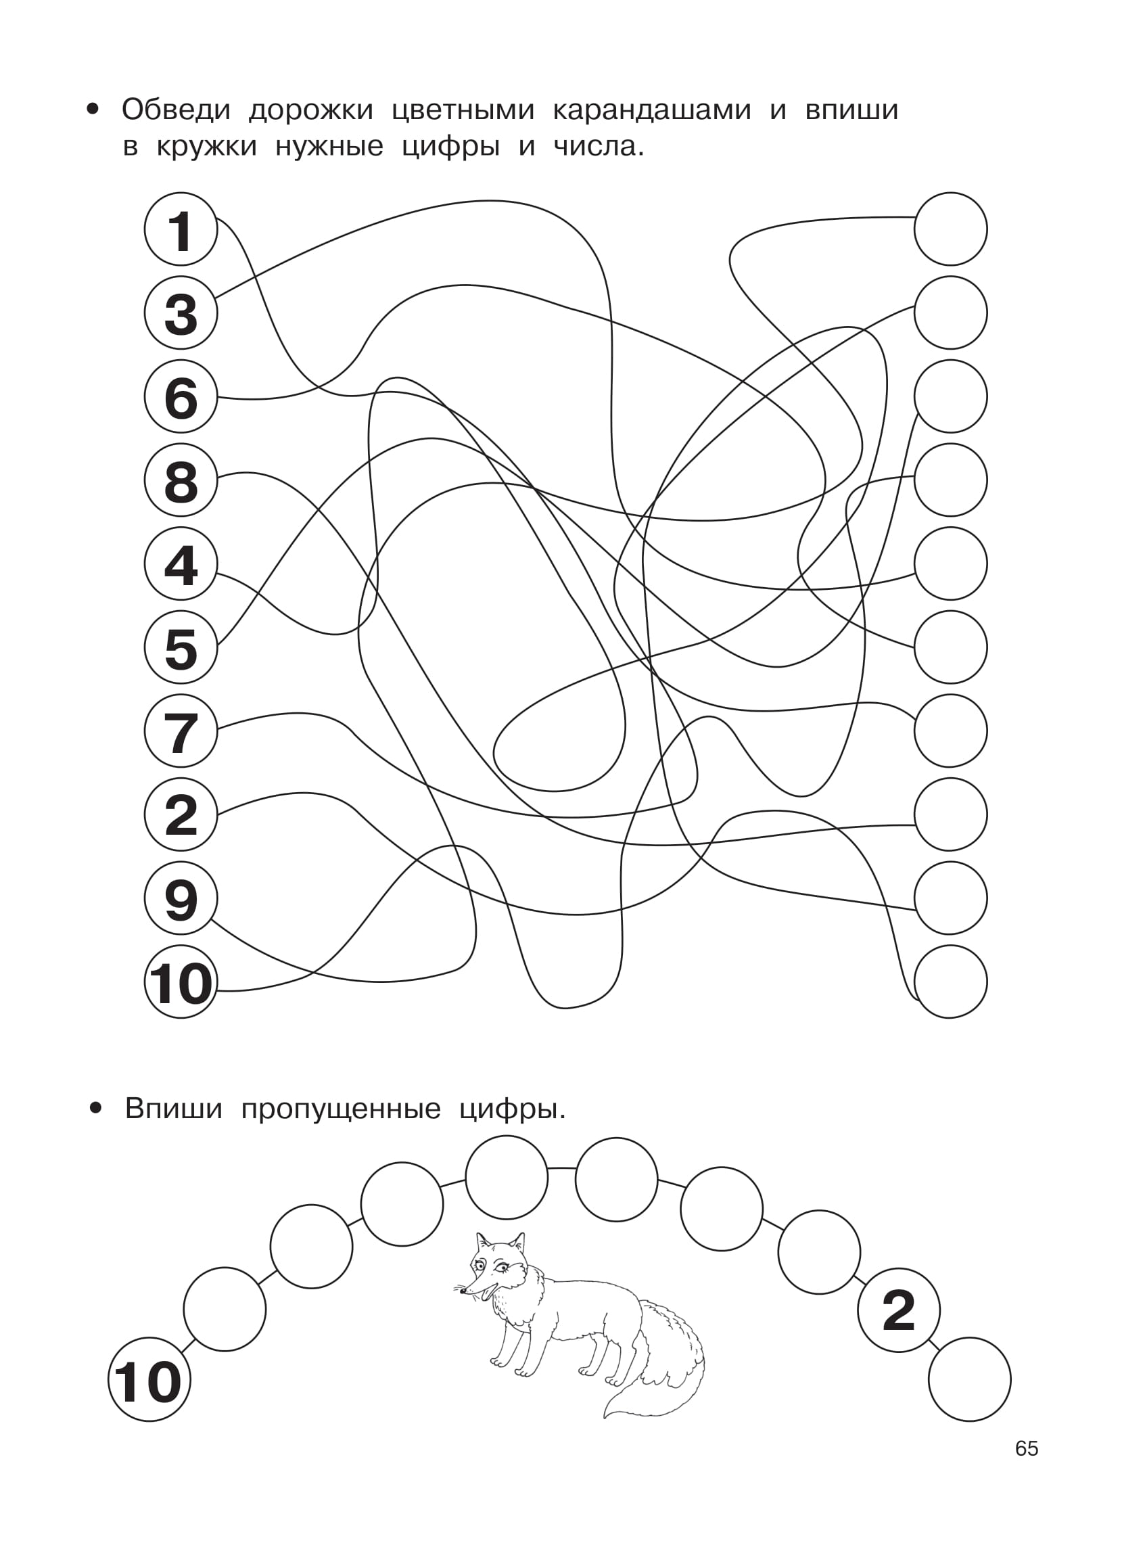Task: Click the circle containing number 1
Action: point(181,229)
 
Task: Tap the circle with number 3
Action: point(181,313)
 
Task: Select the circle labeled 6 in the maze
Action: point(181,396)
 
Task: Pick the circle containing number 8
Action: point(181,480)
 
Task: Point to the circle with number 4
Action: point(181,563)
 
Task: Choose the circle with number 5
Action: point(181,647)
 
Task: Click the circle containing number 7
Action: point(181,731)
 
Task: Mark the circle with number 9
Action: point(181,898)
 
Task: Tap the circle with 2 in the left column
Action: point(181,814)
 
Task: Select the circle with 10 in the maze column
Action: point(181,982)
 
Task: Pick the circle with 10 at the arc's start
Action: point(149,1380)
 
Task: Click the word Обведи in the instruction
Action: point(176,110)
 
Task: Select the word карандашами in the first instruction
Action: point(651,110)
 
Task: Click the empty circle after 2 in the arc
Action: point(970,1379)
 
